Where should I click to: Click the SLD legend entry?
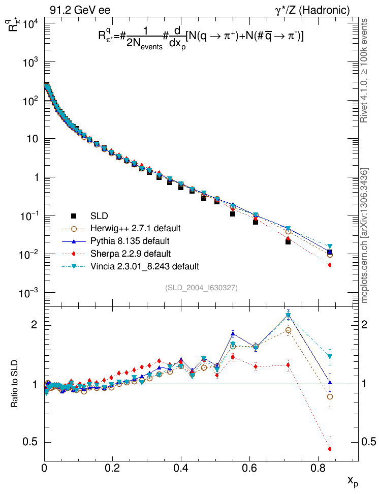(x=100, y=215)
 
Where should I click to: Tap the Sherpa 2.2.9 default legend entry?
(x=128, y=254)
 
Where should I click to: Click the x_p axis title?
(x=353, y=481)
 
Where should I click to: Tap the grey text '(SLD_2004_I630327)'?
(x=202, y=288)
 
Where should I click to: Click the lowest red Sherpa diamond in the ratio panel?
(x=330, y=449)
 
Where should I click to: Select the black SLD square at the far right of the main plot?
(x=330, y=252)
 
